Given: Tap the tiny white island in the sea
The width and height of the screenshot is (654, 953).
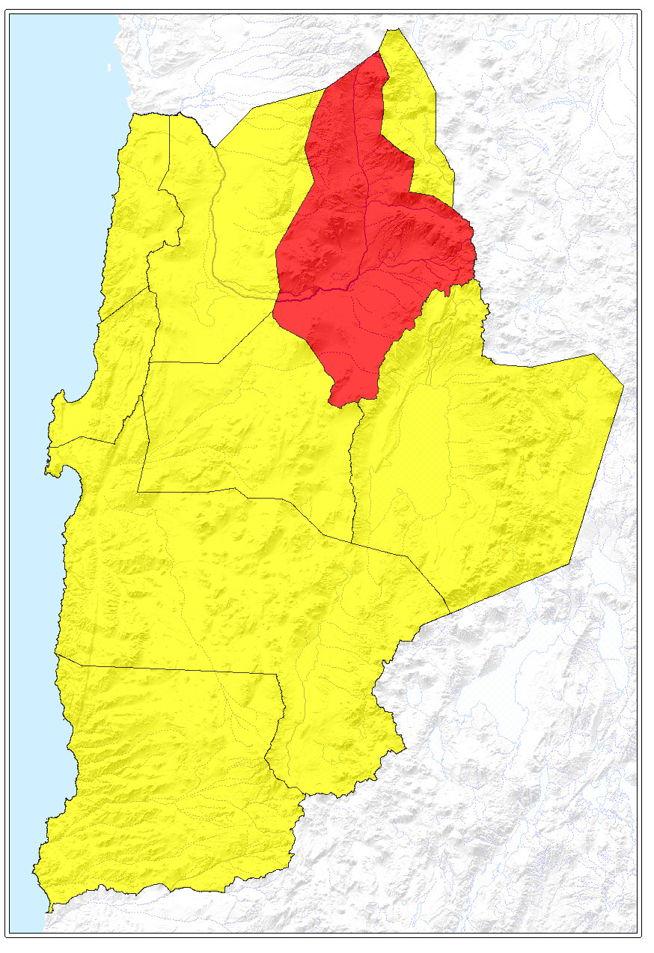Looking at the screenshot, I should point(109,68).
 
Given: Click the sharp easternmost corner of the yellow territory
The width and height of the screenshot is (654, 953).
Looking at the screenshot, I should point(623,387).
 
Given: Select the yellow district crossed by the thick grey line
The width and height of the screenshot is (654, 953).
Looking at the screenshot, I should point(239,225).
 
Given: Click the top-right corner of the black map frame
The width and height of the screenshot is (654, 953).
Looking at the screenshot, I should point(641,10).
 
